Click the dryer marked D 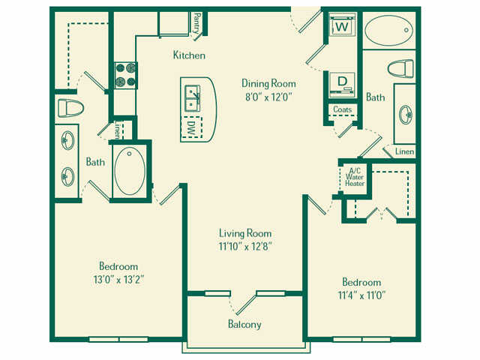(342, 81)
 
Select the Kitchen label (189, 55)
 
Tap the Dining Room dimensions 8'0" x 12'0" (268, 97)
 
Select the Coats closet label (343, 109)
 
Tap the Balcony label (244, 324)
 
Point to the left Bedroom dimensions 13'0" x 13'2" (118, 279)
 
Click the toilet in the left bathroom (69, 108)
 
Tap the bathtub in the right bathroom (388, 30)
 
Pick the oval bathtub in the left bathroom (130, 170)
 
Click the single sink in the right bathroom (406, 115)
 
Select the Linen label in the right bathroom (403, 151)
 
